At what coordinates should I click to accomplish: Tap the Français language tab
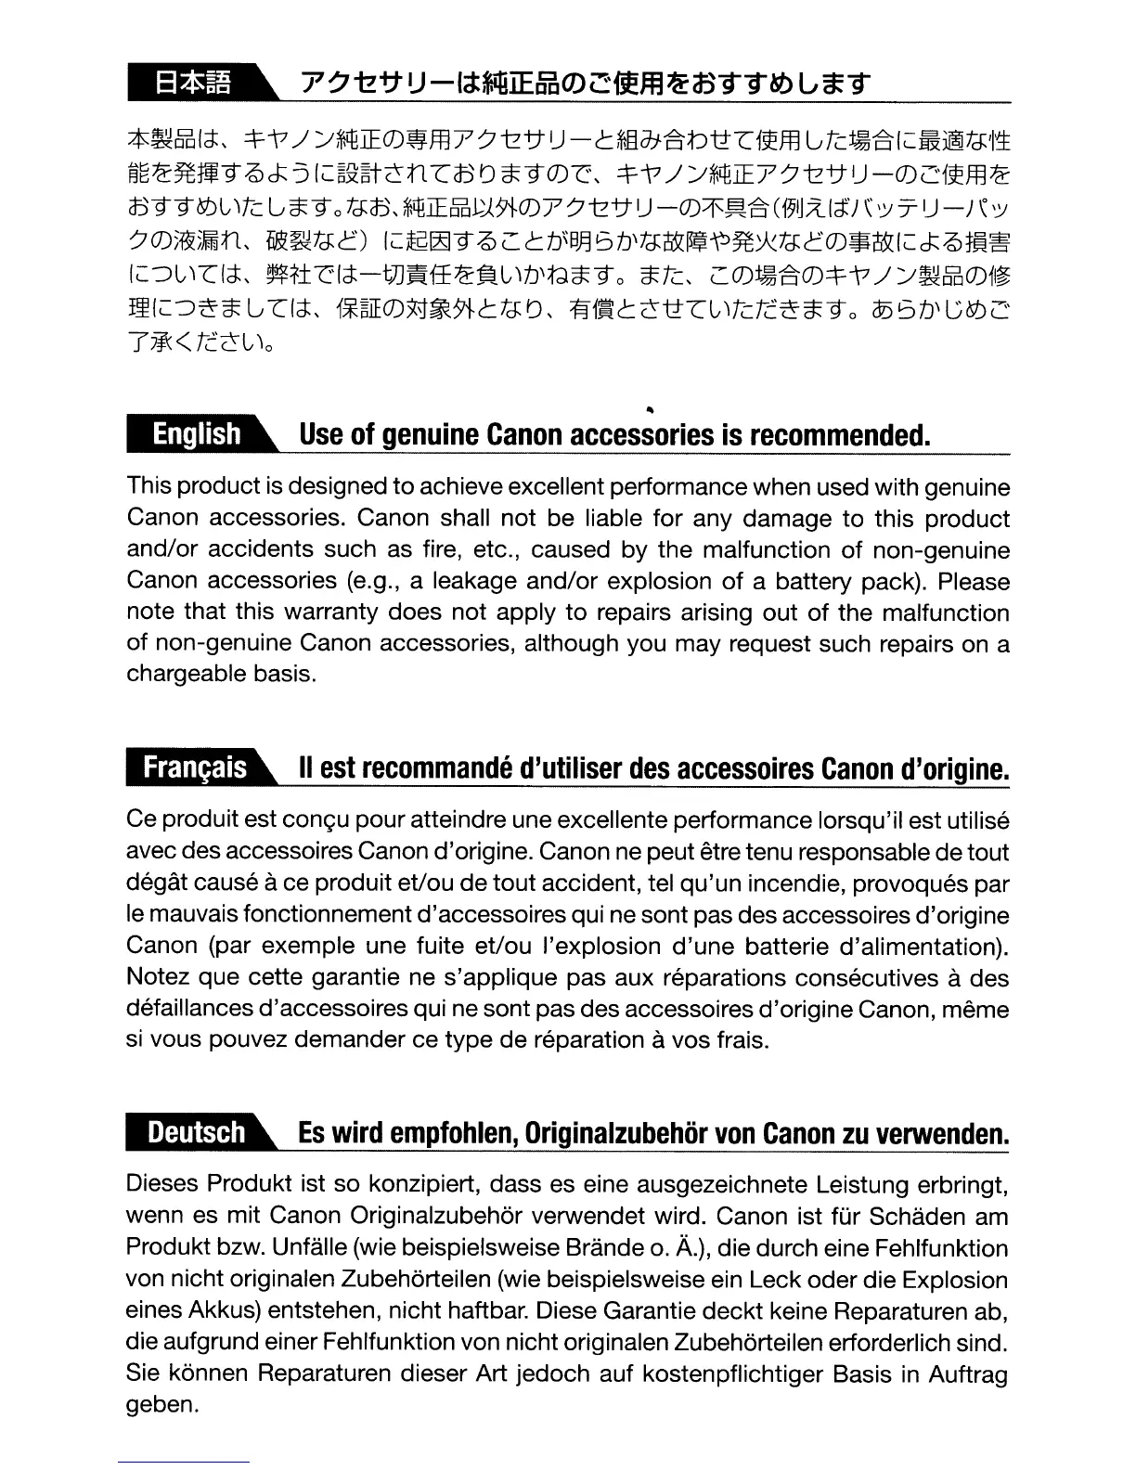tap(195, 768)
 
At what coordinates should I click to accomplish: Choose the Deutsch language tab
tap(195, 1133)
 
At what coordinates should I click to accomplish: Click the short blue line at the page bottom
tap(185, 1462)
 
